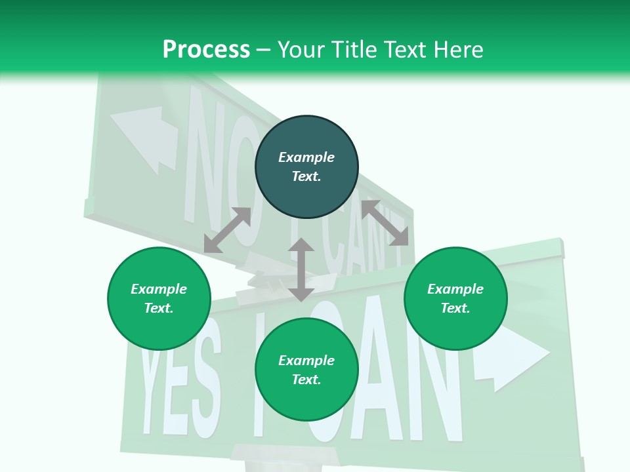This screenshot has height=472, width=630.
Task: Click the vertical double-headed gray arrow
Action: click(301, 269)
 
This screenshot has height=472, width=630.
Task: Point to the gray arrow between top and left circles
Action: click(227, 230)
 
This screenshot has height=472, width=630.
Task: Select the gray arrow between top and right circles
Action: click(385, 223)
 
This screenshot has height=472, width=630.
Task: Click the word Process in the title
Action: click(206, 49)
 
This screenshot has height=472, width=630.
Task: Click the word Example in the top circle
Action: click(306, 157)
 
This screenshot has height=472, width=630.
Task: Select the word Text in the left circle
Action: click(159, 308)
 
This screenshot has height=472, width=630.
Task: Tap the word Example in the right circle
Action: click(455, 289)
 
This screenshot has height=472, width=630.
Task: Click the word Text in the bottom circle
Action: click(306, 380)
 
